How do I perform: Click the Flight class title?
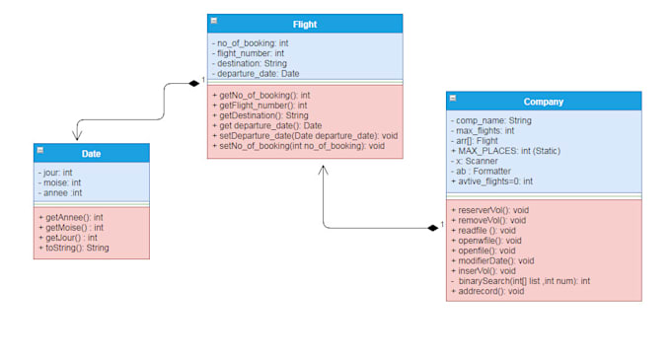point(305,23)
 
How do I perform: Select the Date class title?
point(91,153)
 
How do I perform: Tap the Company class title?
point(543,101)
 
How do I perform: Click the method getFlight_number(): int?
point(260,105)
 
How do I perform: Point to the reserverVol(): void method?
point(489,210)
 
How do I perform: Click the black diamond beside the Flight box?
point(194,84)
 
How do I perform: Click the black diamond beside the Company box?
point(432,228)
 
